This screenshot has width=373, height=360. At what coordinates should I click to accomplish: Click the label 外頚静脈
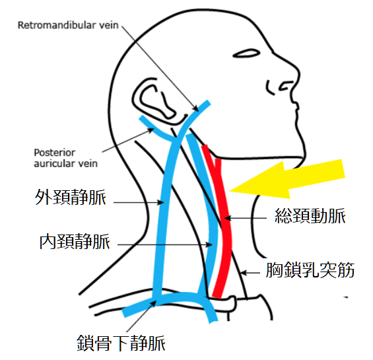pyautogui.click(x=71, y=197)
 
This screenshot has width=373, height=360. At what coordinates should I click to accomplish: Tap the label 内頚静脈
pyautogui.click(x=75, y=241)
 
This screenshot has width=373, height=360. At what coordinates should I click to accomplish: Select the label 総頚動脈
pyautogui.click(x=310, y=216)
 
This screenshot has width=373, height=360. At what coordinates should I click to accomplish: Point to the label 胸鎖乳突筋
pyautogui.click(x=310, y=270)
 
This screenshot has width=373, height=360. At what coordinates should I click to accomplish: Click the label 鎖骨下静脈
pyautogui.click(x=121, y=343)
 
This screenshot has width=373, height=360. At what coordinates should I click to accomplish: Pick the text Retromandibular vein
pyautogui.click(x=68, y=25)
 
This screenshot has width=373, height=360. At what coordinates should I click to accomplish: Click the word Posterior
pyautogui.click(x=55, y=153)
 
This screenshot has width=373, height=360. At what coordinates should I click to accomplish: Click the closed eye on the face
pyautogui.click(x=246, y=54)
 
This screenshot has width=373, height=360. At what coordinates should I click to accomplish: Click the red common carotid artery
pyautogui.click(x=222, y=221)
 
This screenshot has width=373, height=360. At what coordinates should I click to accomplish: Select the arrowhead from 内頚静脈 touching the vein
pyautogui.click(x=209, y=244)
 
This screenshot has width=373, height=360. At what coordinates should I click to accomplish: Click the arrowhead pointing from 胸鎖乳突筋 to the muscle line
pyautogui.click(x=244, y=273)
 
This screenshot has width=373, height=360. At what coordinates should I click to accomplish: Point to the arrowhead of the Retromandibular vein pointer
pyautogui.click(x=196, y=109)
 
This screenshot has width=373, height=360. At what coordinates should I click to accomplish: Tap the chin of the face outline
pyautogui.click(x=300, y=158)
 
